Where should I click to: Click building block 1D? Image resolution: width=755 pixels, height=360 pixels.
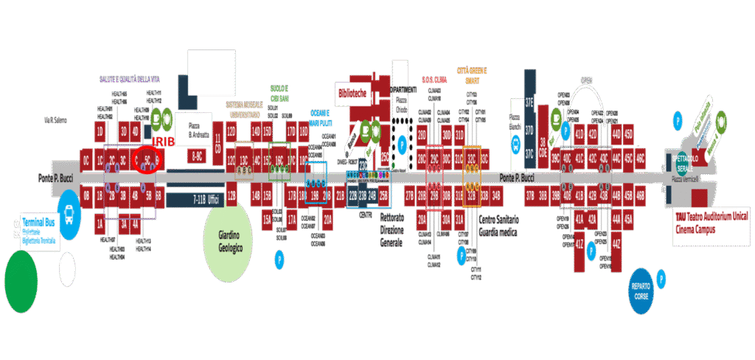point(100,131)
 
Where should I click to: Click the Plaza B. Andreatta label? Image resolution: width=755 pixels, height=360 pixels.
point(199,130)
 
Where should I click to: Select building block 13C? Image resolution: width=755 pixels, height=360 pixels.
point(244,159)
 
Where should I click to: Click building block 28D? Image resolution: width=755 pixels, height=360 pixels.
point(422,135)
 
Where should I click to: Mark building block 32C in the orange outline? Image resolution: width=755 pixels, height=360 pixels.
point(471,159)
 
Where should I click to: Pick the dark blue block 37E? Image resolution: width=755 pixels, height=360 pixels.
point(529,103)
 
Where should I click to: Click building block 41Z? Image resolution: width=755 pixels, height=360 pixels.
point(580,244)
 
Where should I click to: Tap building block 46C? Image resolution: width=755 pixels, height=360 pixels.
point(640,159)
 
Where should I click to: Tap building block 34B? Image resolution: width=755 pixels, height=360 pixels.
point(497,195)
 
